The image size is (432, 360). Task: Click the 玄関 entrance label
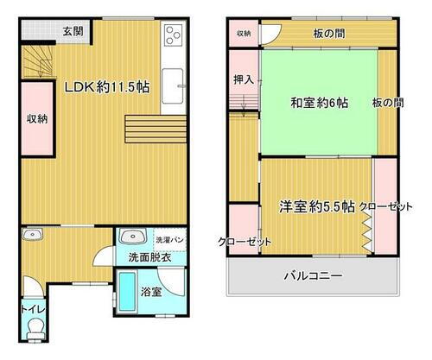72,32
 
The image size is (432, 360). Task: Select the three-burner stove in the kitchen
173,37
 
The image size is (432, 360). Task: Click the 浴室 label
150,292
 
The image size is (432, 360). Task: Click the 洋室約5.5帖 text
316,206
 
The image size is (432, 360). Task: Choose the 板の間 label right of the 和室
387,103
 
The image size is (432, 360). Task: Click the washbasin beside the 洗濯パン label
132,237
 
